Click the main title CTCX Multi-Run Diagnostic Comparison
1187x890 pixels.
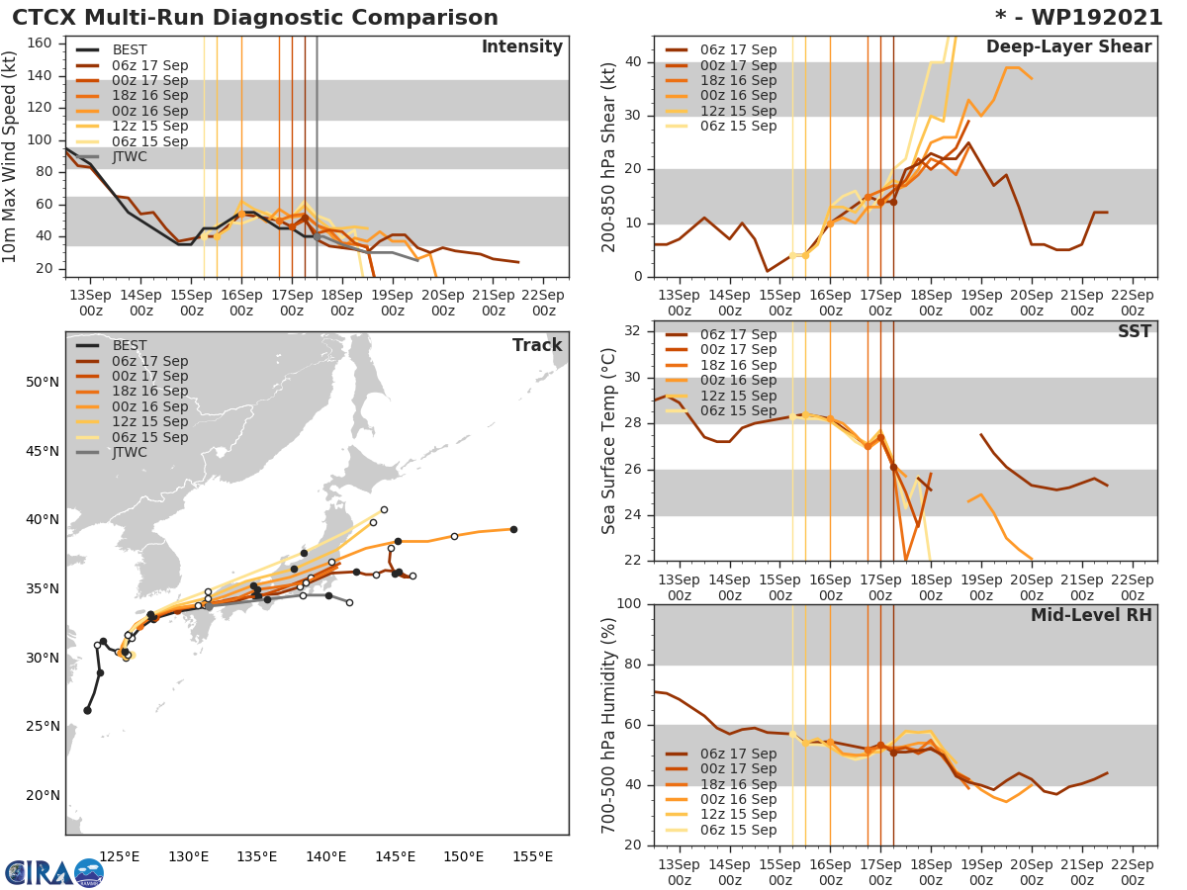pyautogui.click(x=255, y=18)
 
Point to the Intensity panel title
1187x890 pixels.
pyautogui.click(x=521, y=47)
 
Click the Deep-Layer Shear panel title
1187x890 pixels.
pyautogui.click(x=1068, y=47)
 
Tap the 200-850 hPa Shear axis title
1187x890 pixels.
pyautogui.click(x=609, y=156)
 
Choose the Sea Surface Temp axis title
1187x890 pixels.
pyautogui.click(x=609, y=440)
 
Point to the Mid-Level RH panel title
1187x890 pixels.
pyautogui.click(x=1091, y=615)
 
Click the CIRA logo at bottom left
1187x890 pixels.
pyautogui.click(x=54, y=872)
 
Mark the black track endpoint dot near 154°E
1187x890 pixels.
pyautogui.click(x=513, y=529)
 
